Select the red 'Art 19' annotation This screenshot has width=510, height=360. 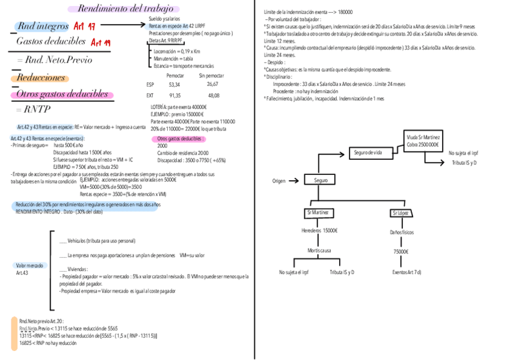[x=100, y=42]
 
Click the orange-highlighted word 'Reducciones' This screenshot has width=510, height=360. [x=41, y=78]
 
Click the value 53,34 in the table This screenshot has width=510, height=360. [x=174, y=85]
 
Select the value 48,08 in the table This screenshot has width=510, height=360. [x=214, y=95]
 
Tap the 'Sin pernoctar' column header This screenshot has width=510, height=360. [x=211, y=76]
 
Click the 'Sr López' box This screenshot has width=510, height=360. [x=401, y=213]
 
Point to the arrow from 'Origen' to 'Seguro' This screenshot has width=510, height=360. [x=293, y=180]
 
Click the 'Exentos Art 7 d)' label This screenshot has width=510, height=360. [x=407, y=272]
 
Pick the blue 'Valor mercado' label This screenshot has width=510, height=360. [x=29, y=265]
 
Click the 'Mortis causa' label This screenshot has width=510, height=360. [x=319, y=249]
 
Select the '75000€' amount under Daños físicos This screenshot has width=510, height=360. [x=401, y=252]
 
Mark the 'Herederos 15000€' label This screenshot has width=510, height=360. [x=319, y=230]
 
